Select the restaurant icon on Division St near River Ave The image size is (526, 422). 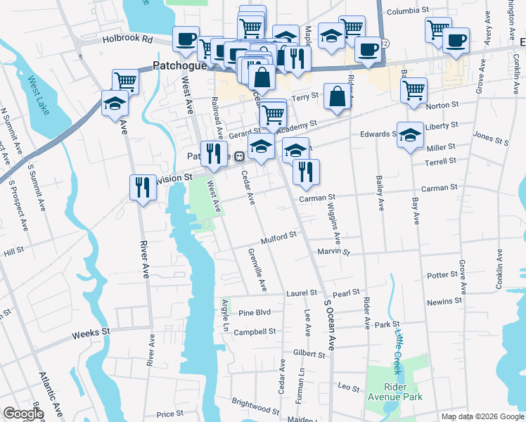pyautogui.click(x=143, y=187)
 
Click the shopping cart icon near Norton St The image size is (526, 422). pyautogui.click(x=413, y=90)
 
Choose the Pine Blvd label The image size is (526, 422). pyautogui.click(x=255, y=313)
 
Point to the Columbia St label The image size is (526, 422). pyautogui.click(x=408, y=11)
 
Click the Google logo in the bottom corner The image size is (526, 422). pyautogui.click(x=23, y=414)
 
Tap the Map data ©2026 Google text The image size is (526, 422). pyautogui.click(x=482, y=416)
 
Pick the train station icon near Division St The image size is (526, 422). pyautogui.click(x=239, y=156)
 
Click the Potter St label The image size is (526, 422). pyautogui.click(x=442, y=275)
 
